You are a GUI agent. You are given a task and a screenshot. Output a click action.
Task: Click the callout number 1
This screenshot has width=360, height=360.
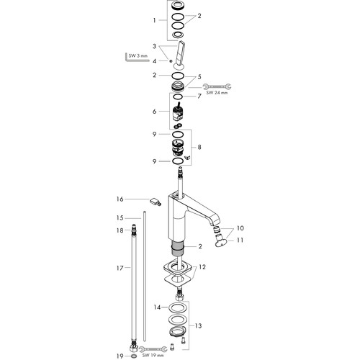154,20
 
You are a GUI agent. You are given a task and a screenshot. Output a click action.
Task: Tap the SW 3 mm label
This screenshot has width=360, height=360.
138,56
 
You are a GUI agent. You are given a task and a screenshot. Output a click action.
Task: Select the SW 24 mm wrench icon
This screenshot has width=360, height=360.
217,86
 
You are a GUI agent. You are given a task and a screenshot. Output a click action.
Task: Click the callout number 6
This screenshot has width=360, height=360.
154,112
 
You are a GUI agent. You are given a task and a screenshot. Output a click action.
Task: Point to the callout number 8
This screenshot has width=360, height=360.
199,147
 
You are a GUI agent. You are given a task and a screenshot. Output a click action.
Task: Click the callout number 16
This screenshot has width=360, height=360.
120,199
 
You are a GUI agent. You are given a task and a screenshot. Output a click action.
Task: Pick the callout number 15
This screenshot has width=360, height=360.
120,218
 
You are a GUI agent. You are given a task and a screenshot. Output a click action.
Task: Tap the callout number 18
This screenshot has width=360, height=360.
120,230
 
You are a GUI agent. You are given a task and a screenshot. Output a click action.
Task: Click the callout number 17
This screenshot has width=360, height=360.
120,268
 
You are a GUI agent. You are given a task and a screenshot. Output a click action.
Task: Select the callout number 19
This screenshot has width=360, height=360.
120,356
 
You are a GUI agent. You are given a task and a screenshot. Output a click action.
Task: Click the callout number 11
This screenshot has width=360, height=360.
240,240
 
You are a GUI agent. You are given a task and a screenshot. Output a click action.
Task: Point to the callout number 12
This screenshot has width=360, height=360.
202,267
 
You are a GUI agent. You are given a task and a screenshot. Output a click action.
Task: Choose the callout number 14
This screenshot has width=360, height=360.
157,307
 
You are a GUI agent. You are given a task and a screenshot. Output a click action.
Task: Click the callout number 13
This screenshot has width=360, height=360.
198,325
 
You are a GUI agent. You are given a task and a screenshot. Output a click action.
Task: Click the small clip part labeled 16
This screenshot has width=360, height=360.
155,202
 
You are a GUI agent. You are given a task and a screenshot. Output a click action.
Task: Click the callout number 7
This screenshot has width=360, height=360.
199,96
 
